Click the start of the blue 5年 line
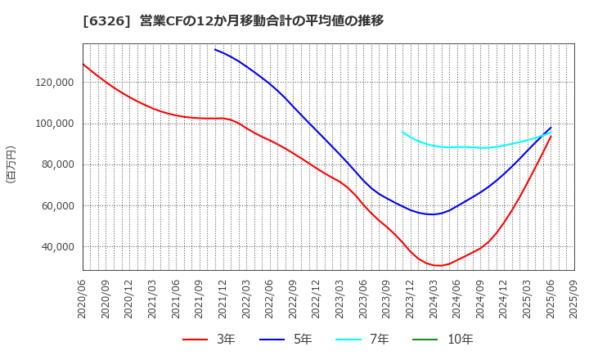coord(215,49)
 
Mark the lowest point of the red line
coord(439,266)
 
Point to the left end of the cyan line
coord(402,132)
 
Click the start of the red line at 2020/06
coord(83,64)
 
